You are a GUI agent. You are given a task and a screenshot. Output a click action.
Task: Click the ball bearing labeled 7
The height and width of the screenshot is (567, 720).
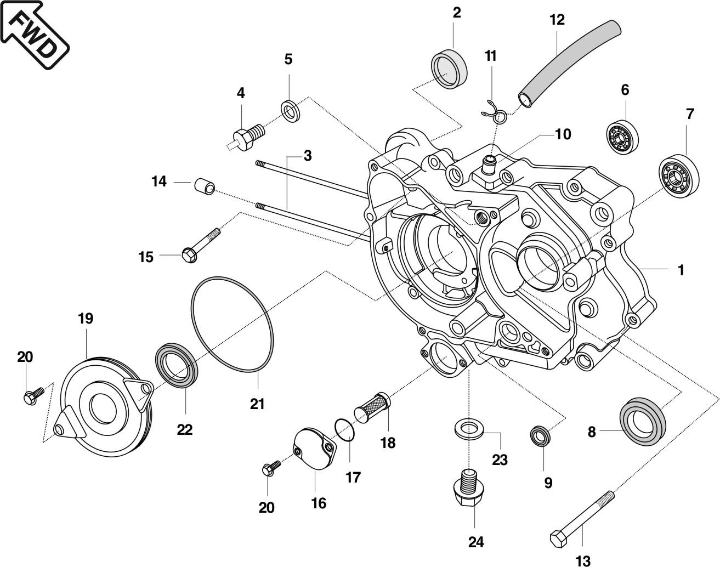pyautogui.click(x=679, y=176)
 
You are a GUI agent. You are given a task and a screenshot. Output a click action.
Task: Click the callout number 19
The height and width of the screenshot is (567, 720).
pyautogui.click(x=86, y=318)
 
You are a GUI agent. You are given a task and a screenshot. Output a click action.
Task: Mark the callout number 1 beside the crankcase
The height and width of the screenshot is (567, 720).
pyautogui.click(x=681, y=270)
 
